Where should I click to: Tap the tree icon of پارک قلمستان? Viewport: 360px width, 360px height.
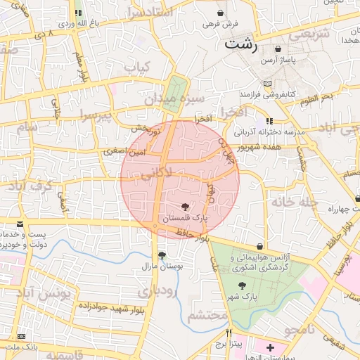tap(184, 207)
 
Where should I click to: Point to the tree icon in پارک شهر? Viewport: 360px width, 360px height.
tap(243, 285)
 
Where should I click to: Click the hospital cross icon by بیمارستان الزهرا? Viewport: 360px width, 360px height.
tap(271, 347)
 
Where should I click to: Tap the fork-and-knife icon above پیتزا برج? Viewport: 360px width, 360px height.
tap(229, 333)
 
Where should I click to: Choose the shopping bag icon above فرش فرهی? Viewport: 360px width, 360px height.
tap(221, 13)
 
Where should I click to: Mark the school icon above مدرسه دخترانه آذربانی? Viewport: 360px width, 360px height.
tap(271, 121)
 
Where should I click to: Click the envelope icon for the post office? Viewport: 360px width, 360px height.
tap(19, 223)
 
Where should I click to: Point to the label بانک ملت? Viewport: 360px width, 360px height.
tap(20, 347)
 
